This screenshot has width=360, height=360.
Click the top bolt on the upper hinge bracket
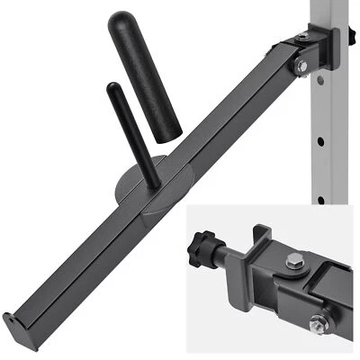coord(302,37)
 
